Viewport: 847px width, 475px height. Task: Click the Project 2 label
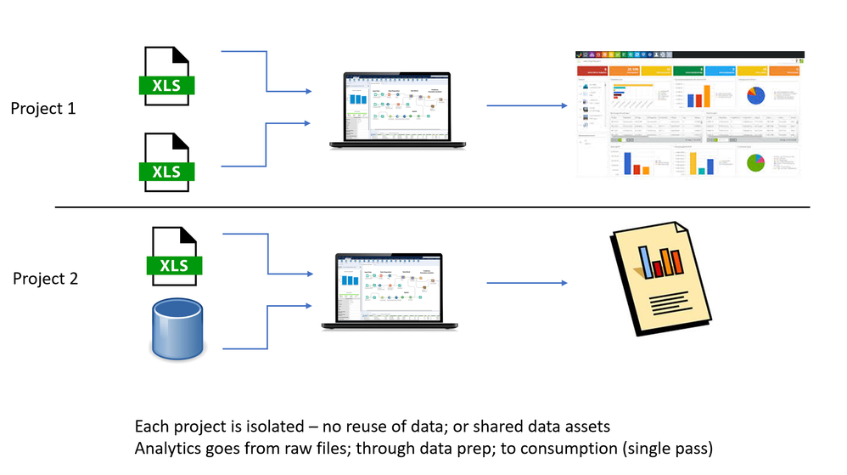(x=46, y=278)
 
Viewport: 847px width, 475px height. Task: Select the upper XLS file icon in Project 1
(x=167, y=76)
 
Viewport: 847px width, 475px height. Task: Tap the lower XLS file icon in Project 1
(x=167, y=161)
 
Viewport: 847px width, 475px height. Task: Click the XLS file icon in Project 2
(x=174, y=255)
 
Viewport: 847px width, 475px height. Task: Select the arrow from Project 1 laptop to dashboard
(x=526, y=106)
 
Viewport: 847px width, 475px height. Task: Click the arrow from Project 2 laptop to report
(x=526, y=283)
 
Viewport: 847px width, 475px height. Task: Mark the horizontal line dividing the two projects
(x=433, y=206)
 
